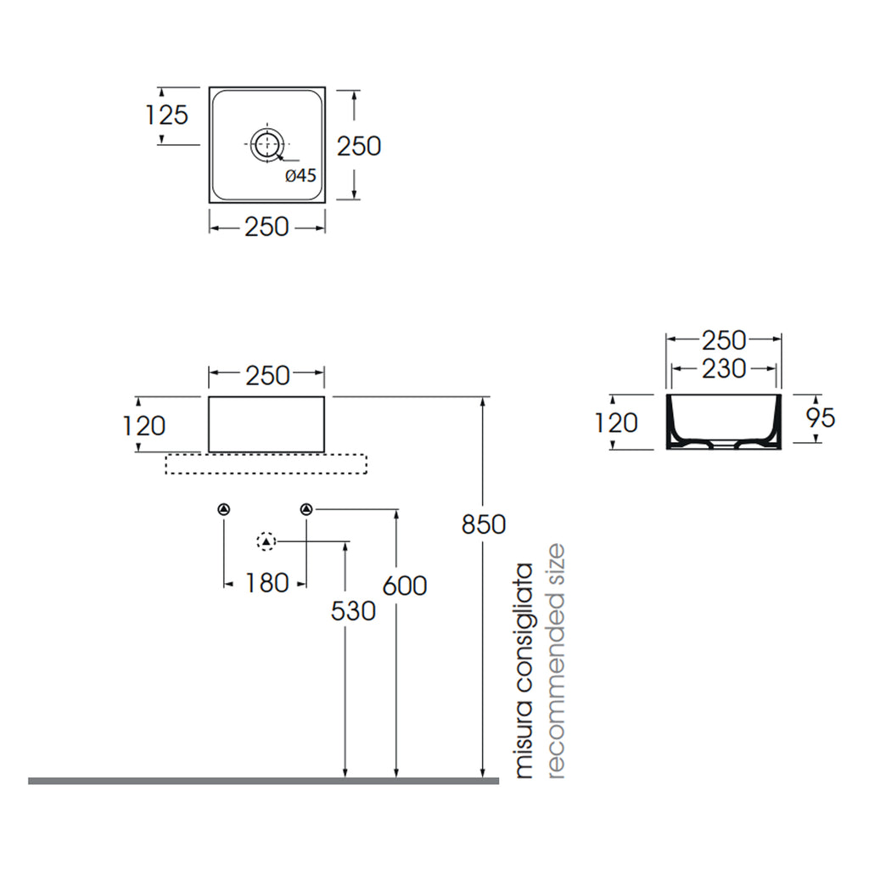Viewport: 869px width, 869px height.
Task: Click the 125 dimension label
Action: pos(166,115)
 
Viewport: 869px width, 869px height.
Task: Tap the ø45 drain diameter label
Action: pos(300,175)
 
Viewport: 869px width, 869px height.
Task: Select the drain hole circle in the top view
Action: pos(267,144)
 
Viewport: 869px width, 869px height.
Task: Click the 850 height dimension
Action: pos(483,524)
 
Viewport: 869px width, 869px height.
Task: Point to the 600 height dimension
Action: pos(405,586)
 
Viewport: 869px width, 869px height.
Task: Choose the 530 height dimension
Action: pos(353,611)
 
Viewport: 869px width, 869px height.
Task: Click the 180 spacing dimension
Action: pos(266,583)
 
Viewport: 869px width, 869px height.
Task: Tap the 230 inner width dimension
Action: pos(724,368)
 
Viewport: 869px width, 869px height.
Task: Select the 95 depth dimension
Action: pos(821,418)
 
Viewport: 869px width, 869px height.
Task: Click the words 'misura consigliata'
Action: pos(524,670)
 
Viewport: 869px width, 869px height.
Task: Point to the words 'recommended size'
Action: pos(555,661)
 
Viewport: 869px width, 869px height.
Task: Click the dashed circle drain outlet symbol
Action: pos(266,541)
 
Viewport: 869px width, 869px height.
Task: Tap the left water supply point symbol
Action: pos(224,509)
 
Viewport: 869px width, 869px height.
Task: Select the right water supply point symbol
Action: pos(306,509)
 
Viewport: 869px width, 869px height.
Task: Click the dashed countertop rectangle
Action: pos(266,464)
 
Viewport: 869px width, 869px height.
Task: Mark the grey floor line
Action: pos(264,781)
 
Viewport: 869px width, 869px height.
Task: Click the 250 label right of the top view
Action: pos(359,146)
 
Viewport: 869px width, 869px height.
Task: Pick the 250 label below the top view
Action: pos(266,227)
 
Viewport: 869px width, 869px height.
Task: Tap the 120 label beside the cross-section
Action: pos(616,423)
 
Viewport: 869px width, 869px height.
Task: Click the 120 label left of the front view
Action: pos(143,426)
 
